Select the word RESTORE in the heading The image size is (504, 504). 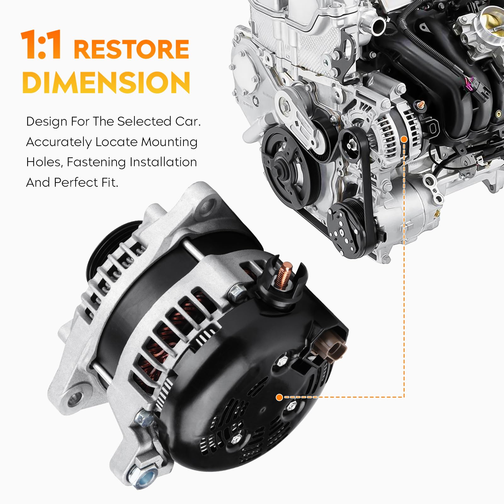tap(131, 49)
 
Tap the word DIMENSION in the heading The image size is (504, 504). tap(106, 82)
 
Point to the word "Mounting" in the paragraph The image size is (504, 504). tap(169, 142)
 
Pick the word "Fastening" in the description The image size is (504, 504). tap(96, 162)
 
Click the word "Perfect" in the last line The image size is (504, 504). tap(76, 183)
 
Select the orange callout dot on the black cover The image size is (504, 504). tap(279, 397)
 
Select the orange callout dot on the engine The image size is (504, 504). tap(404, 139)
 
